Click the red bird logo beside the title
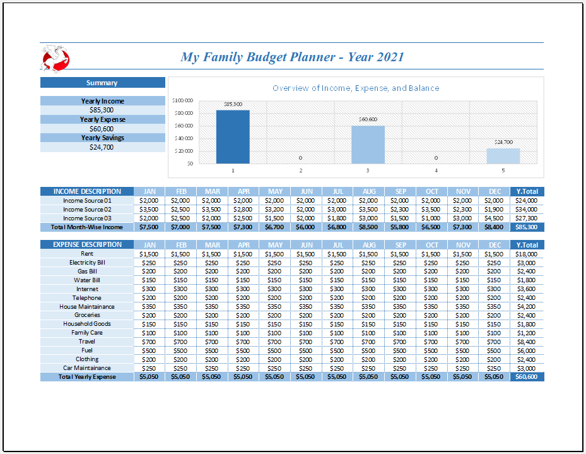[x=55, y=58]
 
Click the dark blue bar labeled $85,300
[x=233, y=137]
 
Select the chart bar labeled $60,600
[x=368, y=145]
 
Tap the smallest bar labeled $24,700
[x=503, y=156]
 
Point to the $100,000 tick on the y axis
[x=182, y=100]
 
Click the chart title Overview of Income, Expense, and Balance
[x=356, y=88]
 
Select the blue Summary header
[x=102, y=83]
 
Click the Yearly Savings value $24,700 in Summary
[x=102, y=147]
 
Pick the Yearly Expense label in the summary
[x=102, y=119]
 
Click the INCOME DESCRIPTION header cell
[x=87, y=191]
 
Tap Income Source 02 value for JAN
[x=149, y=209]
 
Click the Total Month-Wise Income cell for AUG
[x=369, y=227]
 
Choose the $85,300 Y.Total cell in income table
[x=526, y=227]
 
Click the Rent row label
[x=87, y=253]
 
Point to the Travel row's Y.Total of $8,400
[x=526, y=342]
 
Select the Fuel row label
[x=87, y=350]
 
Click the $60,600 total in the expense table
[x=526, y=377]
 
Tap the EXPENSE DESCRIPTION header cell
[x=87, y=244]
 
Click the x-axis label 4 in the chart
[x=435, y=170]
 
